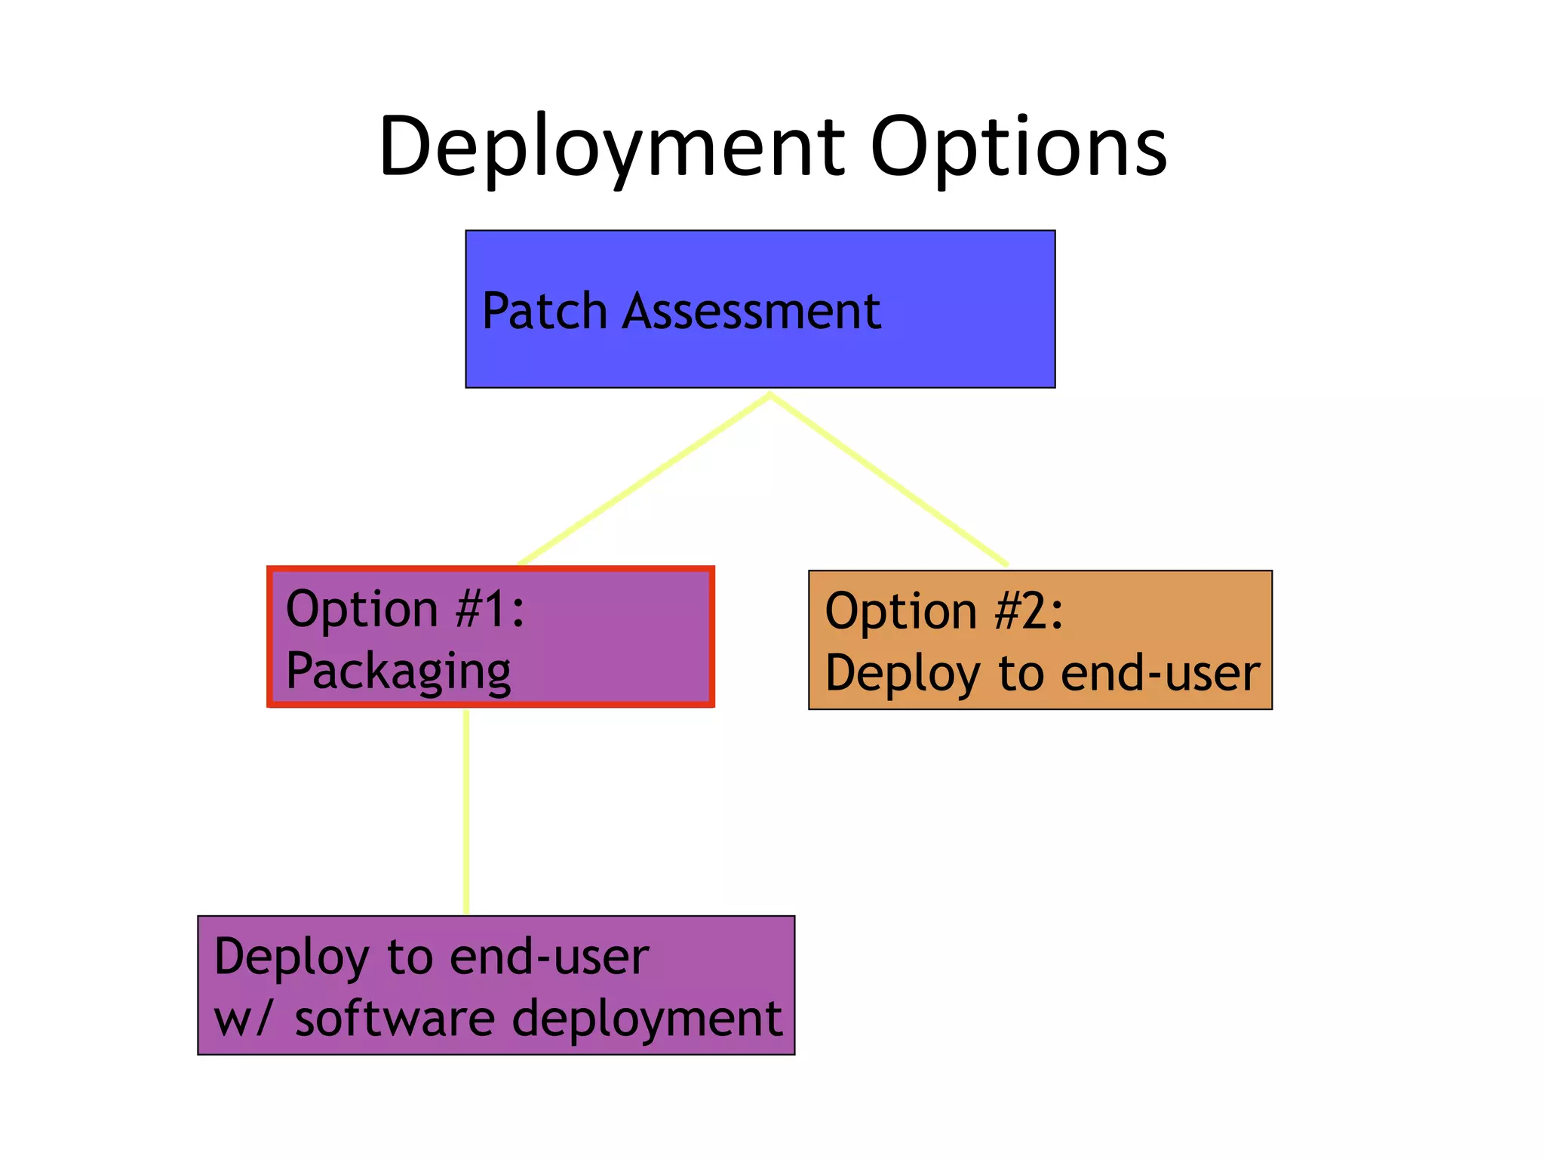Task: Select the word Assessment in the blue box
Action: (x=751, y=311)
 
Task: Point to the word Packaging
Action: (x=398, y=671)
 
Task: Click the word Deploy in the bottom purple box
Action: (x=292, y=957)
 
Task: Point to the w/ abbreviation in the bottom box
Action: (x=241, y=1019)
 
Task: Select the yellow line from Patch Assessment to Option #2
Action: (x=889, y=479)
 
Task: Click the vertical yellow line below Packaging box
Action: (x=466, y=811)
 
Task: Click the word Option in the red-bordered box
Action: (x=362, y=609)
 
